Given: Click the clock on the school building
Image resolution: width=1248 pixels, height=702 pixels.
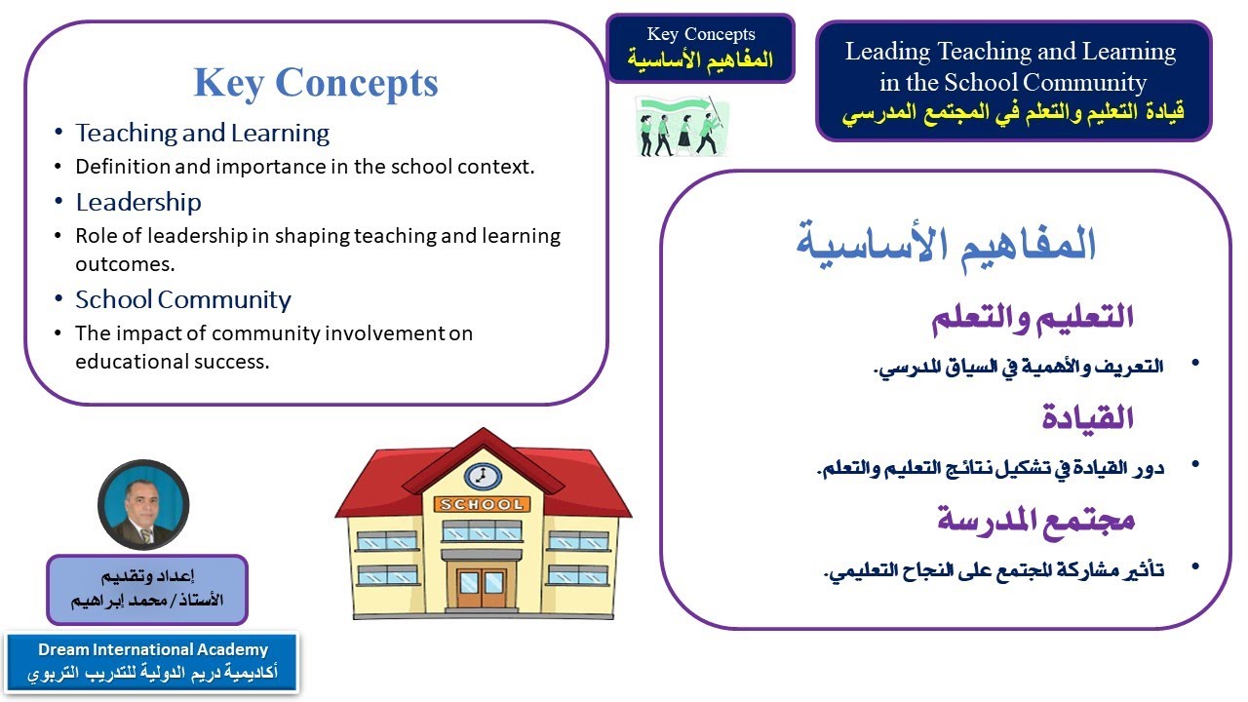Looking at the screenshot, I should click(x=482, y=476).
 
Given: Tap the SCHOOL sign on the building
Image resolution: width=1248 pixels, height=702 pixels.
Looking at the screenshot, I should click(x=483, y=504).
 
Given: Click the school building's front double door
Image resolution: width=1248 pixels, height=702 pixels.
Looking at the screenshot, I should click(x=483, y=583).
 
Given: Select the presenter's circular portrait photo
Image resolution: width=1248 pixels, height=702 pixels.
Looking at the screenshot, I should click(x=143, y=505).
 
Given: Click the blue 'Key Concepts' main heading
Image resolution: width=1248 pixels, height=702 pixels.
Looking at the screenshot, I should click(x=315, y=83).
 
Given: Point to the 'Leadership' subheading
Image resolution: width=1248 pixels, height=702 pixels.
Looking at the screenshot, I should click(x=138, y=202).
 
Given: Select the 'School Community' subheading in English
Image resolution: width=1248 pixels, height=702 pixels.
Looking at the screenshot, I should click(x=183, y=299).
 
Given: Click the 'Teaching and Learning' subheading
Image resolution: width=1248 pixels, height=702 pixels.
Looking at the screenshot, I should click(x=203, y=133).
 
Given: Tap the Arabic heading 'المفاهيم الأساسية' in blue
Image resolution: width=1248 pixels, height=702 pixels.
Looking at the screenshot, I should click(x=946, y=244).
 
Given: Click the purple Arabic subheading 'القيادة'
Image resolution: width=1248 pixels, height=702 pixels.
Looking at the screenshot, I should click(x=1087, y=418).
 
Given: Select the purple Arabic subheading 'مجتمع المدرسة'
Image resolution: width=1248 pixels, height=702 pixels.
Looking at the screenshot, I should click(x=1035, y=519).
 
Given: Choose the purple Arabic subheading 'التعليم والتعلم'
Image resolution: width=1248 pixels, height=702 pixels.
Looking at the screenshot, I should click(x=1033, y=317).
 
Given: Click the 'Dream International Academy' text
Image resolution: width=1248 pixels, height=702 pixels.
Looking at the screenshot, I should click(x=153, y=649).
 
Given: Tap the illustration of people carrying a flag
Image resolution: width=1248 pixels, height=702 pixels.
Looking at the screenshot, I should click(x=681, y=126).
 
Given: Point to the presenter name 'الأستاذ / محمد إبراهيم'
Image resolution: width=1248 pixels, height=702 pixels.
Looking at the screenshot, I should click(x=147, y=600).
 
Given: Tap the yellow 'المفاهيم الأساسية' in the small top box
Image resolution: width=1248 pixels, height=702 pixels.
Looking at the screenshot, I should click(x=701, y=59).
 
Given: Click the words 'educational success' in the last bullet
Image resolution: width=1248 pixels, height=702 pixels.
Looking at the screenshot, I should click(x=172, y=361).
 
